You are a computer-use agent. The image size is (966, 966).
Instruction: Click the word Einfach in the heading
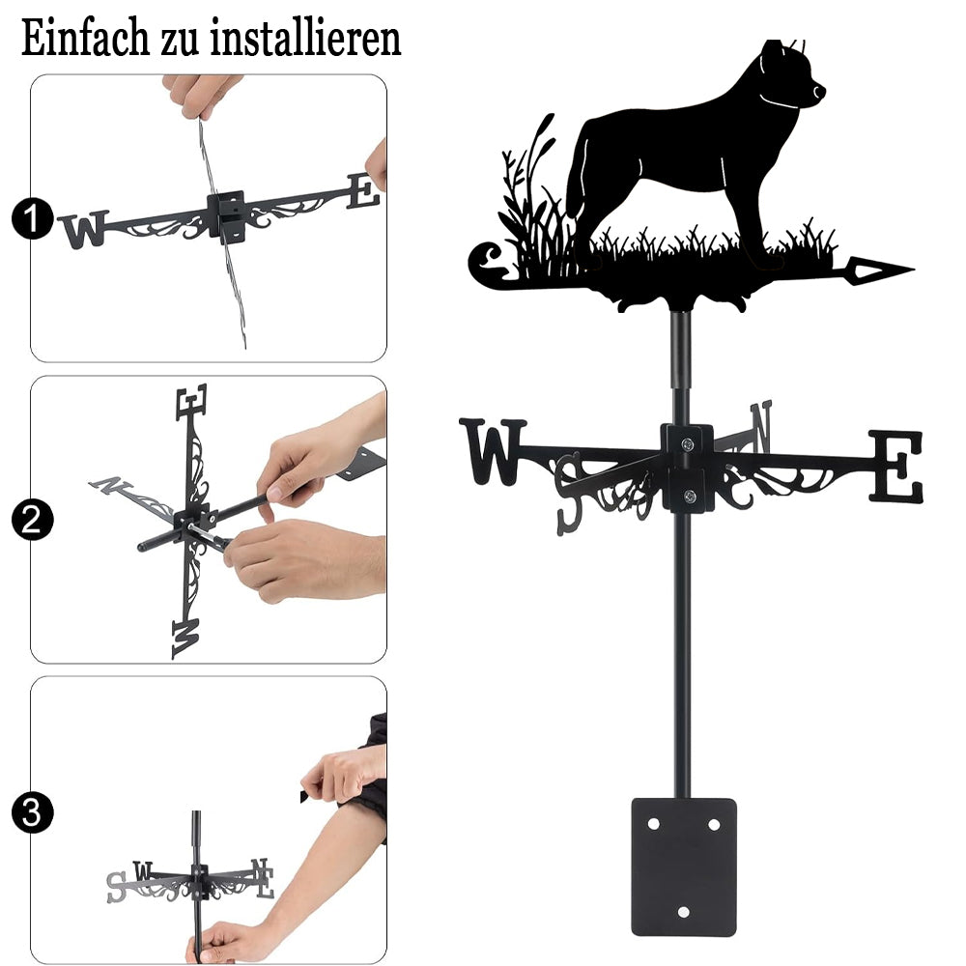pyautogui.click(x=85, y=39)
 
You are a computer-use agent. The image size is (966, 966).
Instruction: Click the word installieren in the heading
pyautogui.click(x=305, y=39)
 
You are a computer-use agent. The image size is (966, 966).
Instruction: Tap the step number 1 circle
pyautogui.click(x=32, y=218)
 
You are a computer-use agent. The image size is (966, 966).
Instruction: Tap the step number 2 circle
pyautogui.click(x=32, y=520)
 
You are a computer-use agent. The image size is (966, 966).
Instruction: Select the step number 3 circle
pyautogui.click(x=32, y=812)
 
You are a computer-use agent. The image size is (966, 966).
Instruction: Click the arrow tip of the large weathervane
pyautogui.click(x=913, y=270)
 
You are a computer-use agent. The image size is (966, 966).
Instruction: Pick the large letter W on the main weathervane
pyautogui.click(x=493, y=451)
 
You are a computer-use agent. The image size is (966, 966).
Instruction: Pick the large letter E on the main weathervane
pyautogui.click(x=896, y=466)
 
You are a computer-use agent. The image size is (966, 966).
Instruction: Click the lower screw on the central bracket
pyautogui.click(x=690, y=496)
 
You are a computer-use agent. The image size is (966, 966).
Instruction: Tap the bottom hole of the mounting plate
pyautogui.click(x=683, y=912)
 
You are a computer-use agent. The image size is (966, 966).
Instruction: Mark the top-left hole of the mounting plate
pyautogui.click(x=654, y=824)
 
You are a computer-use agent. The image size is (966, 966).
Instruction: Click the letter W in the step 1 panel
pyautogui.click(x=85, y=229)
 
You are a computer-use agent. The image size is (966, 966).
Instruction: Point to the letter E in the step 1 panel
pyautogui.click(x=363, y=191)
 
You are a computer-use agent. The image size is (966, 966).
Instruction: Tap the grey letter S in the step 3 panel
pyautogui.click(x=116, y=887)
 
